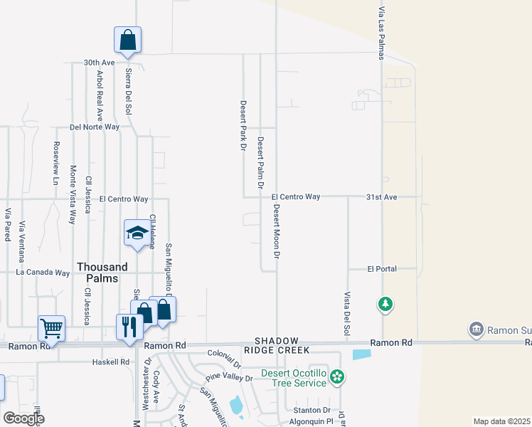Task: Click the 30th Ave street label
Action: (99, 63)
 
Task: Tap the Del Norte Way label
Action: (95, 127)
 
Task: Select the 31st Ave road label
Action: (381, 196)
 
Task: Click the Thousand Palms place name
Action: (102, 273)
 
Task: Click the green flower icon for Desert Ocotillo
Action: (337, 375)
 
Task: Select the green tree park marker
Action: (385, 305)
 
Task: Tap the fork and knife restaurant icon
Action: (129, 327)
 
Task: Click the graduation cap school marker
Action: (137, 233)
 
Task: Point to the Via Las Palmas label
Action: (381, 33)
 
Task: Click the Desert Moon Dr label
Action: (277, 232)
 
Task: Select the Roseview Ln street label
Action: (56, 163)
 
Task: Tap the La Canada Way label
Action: (43, 273)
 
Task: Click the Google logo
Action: (23, 418)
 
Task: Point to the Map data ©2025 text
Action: (501, 421)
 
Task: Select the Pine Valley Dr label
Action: (229, 378)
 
